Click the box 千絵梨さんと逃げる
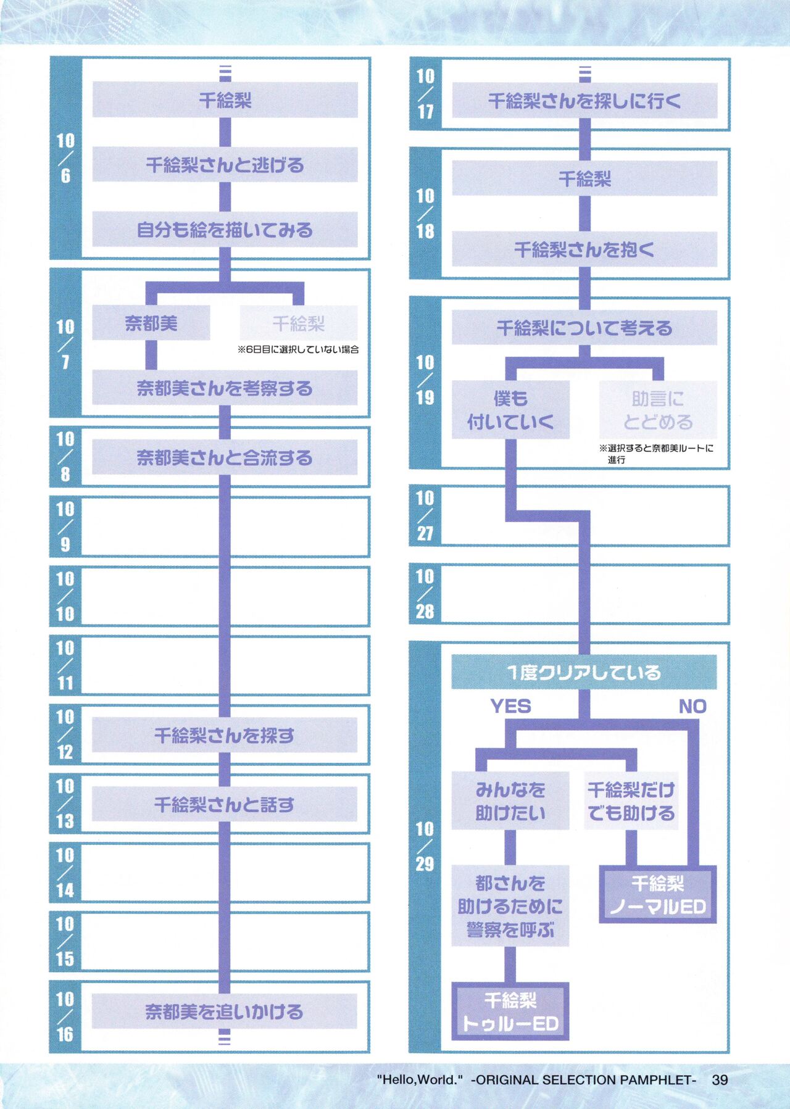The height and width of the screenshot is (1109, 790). (225, 165)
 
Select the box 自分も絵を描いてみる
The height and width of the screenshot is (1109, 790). (225, 230)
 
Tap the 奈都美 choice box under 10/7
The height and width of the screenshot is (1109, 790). (151, 323)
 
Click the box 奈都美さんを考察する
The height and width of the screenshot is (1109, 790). (225, 388)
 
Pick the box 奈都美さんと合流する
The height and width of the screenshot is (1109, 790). (225, 457)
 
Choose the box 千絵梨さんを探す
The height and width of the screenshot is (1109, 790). (225, 735)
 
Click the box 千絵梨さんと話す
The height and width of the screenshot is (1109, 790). (225, 804)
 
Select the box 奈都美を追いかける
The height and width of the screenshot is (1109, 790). (225, 1011)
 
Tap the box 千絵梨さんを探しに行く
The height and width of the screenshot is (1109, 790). (584, 101)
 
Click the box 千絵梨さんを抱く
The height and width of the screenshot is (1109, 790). (584, 249)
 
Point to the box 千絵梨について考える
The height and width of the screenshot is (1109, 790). (584, 328)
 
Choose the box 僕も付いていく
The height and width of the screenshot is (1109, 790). (510, 410)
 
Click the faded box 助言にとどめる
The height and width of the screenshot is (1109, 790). (658, 410)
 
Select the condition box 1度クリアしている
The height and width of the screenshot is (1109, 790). (584, 672)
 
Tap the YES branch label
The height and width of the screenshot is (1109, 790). (510, 706)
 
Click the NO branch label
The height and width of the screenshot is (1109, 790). (692, 706)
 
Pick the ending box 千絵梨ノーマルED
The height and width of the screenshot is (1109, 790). (658, 895)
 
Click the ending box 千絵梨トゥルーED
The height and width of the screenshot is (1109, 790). (510, 1011)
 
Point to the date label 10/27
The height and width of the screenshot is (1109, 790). (425, 515)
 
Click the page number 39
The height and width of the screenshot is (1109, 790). (720, 1080)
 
